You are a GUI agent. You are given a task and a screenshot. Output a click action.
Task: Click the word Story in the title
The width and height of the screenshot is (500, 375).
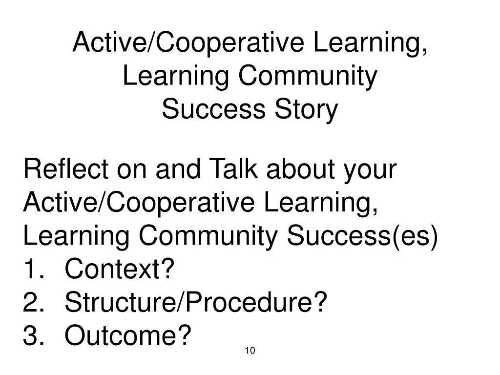306,110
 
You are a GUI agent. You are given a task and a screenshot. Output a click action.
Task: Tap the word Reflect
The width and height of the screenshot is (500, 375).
66,168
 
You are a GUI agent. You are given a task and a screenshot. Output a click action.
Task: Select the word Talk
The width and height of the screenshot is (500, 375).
233,168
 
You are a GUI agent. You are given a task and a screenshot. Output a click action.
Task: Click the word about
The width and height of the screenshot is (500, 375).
300,168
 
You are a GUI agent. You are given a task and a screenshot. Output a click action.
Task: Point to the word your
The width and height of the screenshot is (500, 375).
370,171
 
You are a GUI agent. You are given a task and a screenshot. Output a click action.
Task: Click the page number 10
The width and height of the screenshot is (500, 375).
250,351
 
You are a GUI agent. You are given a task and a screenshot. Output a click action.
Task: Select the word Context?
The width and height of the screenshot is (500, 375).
120,269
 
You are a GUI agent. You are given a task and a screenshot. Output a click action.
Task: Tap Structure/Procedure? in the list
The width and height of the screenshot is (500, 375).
196,302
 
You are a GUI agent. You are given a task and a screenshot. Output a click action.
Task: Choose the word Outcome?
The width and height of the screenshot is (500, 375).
128,335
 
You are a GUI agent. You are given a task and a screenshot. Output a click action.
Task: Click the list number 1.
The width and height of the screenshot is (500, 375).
33,269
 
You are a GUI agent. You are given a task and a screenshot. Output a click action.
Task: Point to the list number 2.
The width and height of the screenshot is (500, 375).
33,302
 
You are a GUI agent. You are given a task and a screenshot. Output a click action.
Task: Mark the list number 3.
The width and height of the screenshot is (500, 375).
33,335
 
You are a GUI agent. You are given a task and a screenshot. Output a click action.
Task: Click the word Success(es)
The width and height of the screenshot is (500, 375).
362,236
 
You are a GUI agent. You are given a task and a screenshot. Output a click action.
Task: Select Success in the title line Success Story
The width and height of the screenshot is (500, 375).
214,109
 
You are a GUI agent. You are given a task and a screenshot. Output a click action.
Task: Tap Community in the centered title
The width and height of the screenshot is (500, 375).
308,77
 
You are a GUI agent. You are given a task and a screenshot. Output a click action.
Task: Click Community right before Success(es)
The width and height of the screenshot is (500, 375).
208,236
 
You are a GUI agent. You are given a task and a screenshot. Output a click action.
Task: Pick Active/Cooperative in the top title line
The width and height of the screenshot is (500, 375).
188,43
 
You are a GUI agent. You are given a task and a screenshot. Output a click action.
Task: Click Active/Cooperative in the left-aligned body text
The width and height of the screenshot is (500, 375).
139,203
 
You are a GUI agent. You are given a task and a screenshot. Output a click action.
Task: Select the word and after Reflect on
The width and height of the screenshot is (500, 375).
178,168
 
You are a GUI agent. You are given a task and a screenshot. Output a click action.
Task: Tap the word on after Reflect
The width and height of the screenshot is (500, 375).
132,171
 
